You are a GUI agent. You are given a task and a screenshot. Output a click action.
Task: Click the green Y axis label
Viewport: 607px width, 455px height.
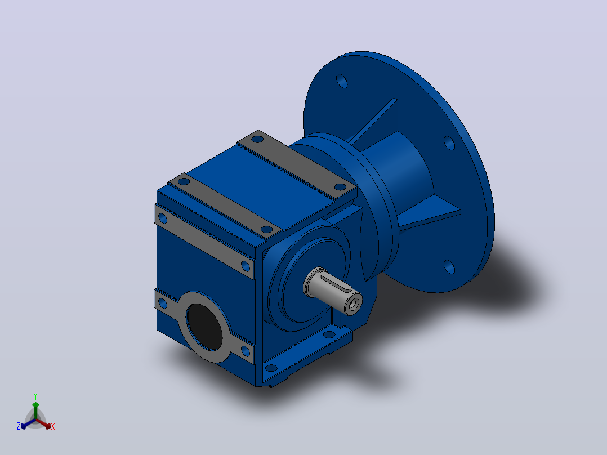pos(35,396)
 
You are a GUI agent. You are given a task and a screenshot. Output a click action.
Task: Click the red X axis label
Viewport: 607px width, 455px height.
pos(53,426)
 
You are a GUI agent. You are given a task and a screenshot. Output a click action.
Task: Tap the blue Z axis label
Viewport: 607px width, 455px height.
pos(19,426)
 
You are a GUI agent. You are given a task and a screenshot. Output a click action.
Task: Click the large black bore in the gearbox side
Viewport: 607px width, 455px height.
pos(204,327)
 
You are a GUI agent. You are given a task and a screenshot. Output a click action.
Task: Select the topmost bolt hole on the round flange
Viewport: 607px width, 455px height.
pos(342,81)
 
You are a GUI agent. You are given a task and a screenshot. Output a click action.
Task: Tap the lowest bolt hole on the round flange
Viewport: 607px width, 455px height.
pos(449,267)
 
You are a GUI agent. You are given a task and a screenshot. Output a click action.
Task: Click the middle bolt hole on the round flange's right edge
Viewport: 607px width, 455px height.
pos(449,143)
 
